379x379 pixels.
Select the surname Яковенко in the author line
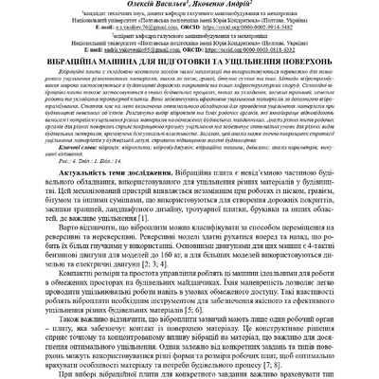pyautogui.click(x=213, y=5)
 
